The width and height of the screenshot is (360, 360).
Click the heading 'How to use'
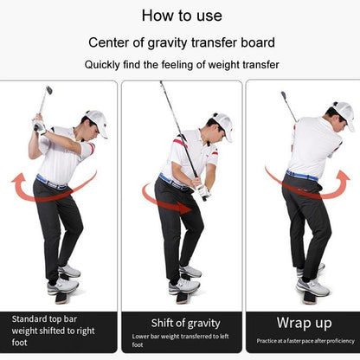click(x=181, y=16)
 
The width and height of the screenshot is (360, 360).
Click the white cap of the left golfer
click(x=96, y=120)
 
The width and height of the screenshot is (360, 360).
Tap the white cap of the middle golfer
click(x=222, y=123)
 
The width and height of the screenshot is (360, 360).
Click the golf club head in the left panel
click(x=48, y=89)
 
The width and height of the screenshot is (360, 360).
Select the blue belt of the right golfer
click(x=303, y=175)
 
